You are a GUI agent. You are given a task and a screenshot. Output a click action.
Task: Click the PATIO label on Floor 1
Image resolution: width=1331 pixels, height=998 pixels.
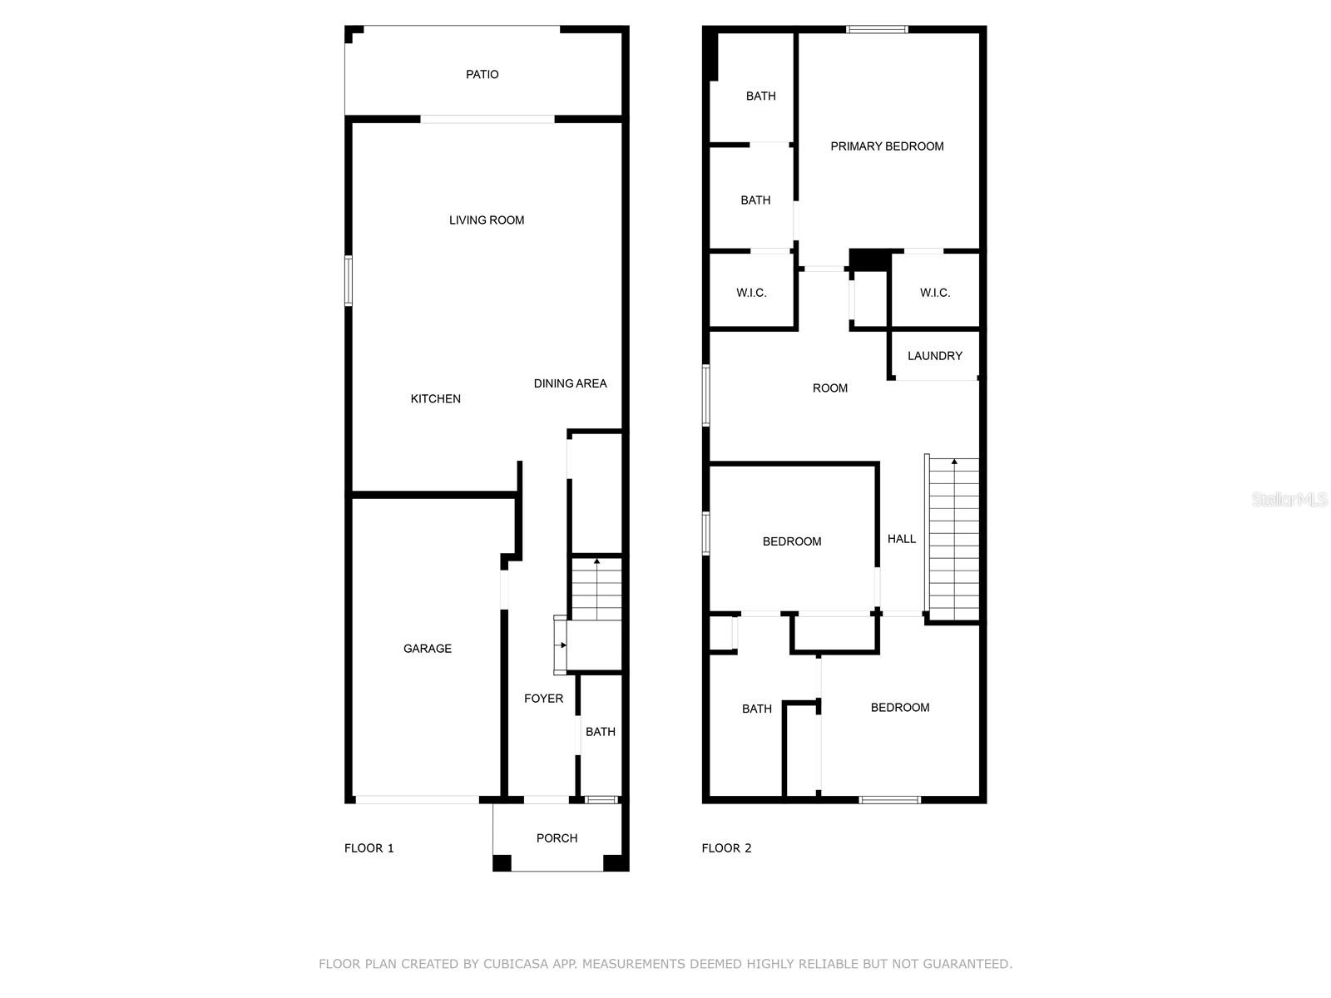click(x=482, y=75)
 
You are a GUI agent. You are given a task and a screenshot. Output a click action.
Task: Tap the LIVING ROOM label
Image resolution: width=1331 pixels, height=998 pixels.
click(x=487, y=220)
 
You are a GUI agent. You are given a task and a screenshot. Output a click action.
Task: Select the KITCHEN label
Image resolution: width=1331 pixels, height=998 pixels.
click(x=435, y=399)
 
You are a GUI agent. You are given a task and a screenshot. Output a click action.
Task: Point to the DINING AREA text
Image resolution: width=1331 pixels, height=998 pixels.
click(x=570, y=383)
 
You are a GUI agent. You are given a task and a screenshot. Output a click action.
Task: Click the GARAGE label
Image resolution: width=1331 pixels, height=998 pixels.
click(x=428, y=649)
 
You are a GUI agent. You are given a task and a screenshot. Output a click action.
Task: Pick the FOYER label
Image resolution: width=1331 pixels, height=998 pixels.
click(x=543, y=699)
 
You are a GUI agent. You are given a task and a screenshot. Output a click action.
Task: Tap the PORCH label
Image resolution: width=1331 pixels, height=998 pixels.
click(x=557, y=838)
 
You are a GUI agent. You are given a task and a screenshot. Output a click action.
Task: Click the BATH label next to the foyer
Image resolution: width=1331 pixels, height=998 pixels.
click(x=600, y=732)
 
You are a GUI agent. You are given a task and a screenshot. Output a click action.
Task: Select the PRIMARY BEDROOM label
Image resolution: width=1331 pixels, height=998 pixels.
click(x=887, y=146)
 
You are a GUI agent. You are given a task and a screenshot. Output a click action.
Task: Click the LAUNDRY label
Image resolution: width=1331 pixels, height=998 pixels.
click(x=934, y=356)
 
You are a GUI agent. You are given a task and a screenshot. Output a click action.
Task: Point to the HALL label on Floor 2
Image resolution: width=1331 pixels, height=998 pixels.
click(x=901, y=539)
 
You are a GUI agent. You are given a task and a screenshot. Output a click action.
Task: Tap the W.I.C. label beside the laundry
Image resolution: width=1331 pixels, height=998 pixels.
click(x=934, y=293)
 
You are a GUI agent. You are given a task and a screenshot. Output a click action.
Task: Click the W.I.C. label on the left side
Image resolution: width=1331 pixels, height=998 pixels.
click(x=751, y=293)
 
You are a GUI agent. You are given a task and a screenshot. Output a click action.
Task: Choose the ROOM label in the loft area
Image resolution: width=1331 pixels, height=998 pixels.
click(x=829, y=388)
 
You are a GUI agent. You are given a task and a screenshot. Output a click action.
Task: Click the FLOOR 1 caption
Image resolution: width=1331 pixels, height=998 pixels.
click(x=369, y=848)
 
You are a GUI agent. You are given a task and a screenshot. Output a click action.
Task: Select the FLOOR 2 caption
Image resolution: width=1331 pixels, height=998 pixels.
click(x=726, y=848)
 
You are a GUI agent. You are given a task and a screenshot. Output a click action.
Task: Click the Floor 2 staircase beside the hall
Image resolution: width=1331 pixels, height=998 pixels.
click(x=953, y=541)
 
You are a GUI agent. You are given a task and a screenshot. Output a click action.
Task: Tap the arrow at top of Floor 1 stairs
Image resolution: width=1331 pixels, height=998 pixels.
click(x=596, y=562)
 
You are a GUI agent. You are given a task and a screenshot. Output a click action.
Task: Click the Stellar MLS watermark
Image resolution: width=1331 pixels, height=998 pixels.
click(x=1289, y=500)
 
